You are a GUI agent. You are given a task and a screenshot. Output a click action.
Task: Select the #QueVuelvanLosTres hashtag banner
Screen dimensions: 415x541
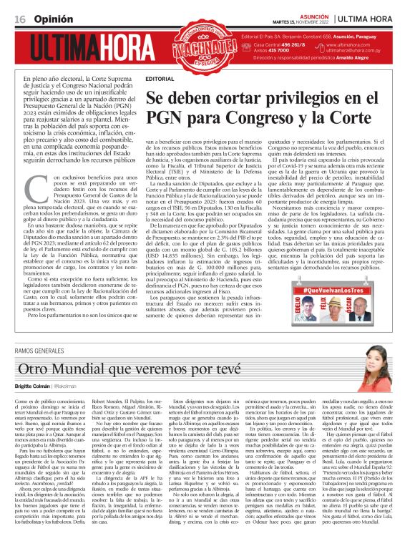click(x=341, y=291)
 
